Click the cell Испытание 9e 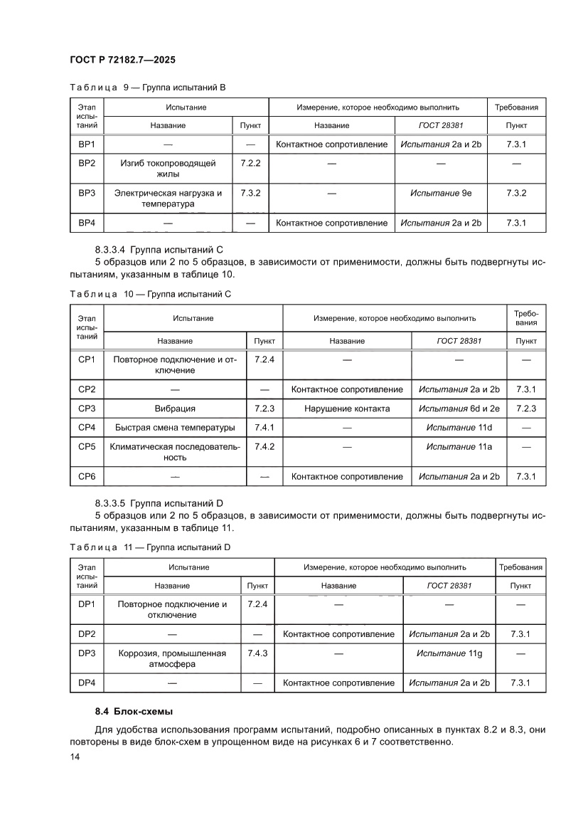(x=441, y=193)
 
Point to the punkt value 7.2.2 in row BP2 (x=251, y=163)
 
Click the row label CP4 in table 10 (x=87, y=428)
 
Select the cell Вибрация (x=175, y=409)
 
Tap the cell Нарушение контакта (x=347, y=409)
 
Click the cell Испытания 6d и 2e (x=459, y=409)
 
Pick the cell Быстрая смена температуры (x=175, y=428)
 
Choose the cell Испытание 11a (x=459, y=446)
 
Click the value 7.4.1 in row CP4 (x=264, y=428)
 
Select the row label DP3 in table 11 (x=87, y=653)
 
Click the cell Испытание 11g (x=450, y=653)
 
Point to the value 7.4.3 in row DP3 (x=257, y=653)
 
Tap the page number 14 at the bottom (x=75, y=757)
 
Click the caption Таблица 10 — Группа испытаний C (x=150, y=293)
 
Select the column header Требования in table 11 (x=521, y=567)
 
